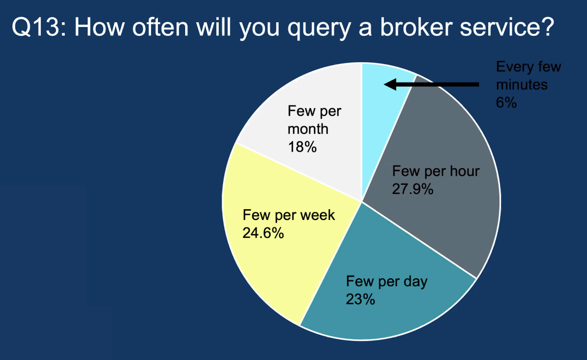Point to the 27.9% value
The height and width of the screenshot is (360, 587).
coord(412,189)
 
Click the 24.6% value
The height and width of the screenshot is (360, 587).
coord(263,233)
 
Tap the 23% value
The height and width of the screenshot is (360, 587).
coord(360,299)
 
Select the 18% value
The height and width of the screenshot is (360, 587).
coord(302,147)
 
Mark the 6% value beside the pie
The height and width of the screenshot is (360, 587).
coord(506,102)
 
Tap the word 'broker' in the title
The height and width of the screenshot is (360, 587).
coord(416,27)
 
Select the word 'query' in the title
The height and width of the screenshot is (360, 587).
coord(319,29)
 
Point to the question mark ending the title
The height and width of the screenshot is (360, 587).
coord(546,27)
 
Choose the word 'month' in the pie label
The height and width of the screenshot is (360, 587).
coord(308,129)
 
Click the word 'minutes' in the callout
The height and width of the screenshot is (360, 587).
coord(522,85)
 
